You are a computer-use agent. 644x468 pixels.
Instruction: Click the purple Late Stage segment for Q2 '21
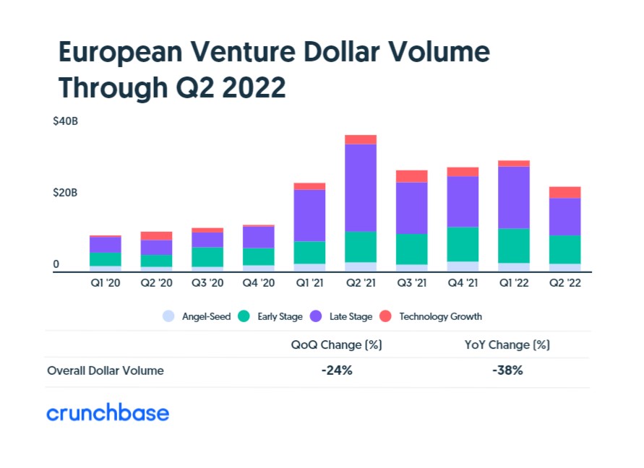click(x=361, y=188)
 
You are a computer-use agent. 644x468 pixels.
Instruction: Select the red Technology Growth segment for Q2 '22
click(x=564, y=193)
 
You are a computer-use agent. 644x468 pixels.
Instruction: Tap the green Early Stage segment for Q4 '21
click(x=463, y=244)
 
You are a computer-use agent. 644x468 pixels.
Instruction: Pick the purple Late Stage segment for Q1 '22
click(x=514, y=197)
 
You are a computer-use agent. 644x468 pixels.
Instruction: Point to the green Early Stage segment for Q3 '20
click(x=207, y=257)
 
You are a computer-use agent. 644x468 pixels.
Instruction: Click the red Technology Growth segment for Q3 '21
click(x=411, y=176)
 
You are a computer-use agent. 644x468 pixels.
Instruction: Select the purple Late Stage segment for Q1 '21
click(x=309, y=215)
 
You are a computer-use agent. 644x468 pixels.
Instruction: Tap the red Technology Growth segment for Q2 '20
click(x=156, y=236)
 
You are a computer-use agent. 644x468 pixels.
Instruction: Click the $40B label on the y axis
click(x=65, y=121)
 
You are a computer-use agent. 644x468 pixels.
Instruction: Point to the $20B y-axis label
click(x=65, y=193)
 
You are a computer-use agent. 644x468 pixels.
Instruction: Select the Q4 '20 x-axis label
click(x=258, y=283)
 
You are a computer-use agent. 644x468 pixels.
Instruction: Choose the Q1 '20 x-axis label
click(x=106, y=283)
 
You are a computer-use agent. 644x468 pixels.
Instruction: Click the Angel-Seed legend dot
click(x=168, y=316)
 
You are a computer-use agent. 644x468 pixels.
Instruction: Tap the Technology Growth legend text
click(x=440, y=316)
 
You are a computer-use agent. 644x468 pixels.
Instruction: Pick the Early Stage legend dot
click(x=244, y=316)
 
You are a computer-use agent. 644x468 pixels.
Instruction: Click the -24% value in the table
click(x=337, y=370)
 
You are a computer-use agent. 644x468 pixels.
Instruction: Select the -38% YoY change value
click(x=507, y=370)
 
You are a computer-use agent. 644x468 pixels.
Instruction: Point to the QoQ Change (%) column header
click(x=336, y=344)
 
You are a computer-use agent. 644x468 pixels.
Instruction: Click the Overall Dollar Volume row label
click(x=106, y=370)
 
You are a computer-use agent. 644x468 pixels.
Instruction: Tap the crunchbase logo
click(x=108, y=412)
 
